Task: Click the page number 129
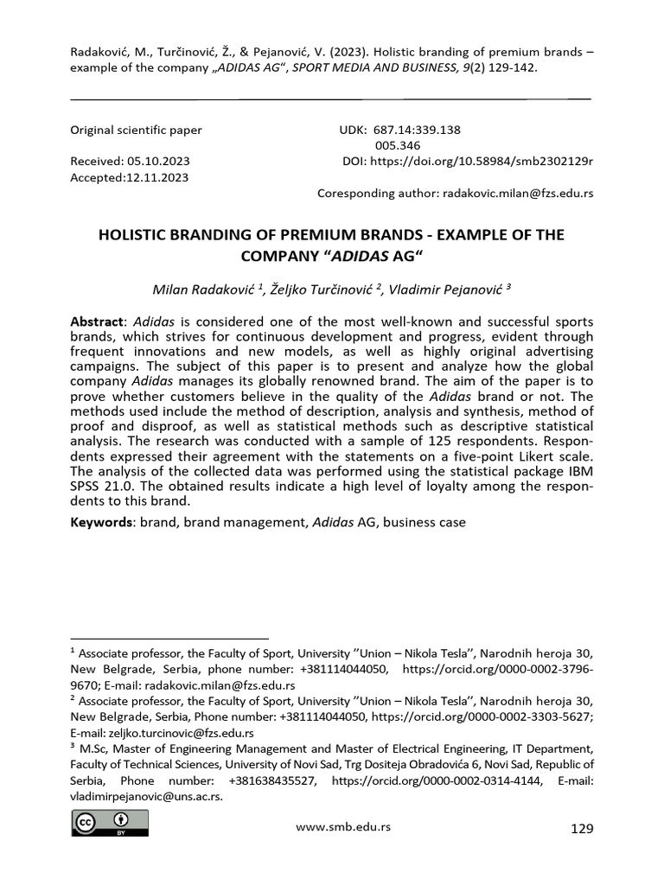(583, 829)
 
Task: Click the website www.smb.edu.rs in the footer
(343, 826)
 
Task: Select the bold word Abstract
(97, 321)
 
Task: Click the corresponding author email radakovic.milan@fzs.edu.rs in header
(518, 193)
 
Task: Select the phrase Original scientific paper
(136, 130)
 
